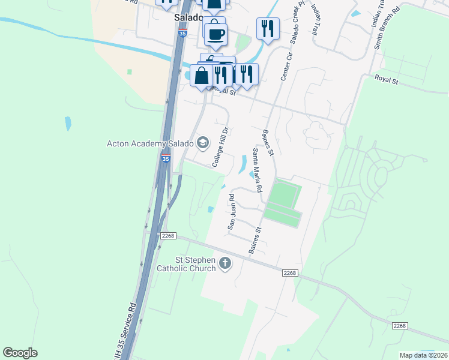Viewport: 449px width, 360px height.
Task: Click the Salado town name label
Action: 187,18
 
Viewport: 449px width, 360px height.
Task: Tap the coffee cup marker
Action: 215,34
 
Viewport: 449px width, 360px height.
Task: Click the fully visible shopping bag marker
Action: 202,76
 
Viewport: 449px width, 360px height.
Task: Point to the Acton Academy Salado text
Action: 149,143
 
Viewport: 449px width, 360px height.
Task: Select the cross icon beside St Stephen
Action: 225,263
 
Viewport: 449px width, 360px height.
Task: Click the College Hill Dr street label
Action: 221,147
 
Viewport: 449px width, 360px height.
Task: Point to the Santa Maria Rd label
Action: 258,170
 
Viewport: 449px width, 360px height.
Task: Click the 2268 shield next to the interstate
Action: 167,236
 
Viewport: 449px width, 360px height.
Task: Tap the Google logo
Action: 20,353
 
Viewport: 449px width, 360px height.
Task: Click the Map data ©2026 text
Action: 423,355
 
